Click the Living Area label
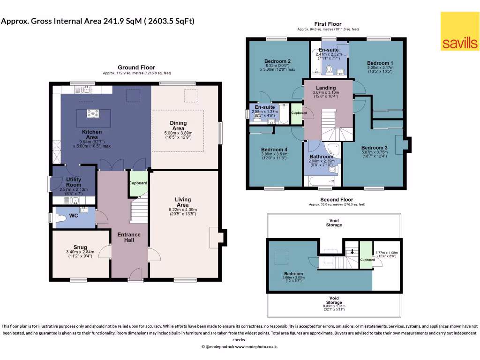pos(182,202)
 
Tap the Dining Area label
pos(178,126)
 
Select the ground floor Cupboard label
pos(138,183)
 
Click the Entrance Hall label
pos(129,237)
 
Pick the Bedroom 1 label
pos(380,63)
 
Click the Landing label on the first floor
pos(326,88)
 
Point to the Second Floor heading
pos(337,199)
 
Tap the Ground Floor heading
pos(136,67)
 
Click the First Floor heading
pos(328,24)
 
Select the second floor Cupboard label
pos(367,259)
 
